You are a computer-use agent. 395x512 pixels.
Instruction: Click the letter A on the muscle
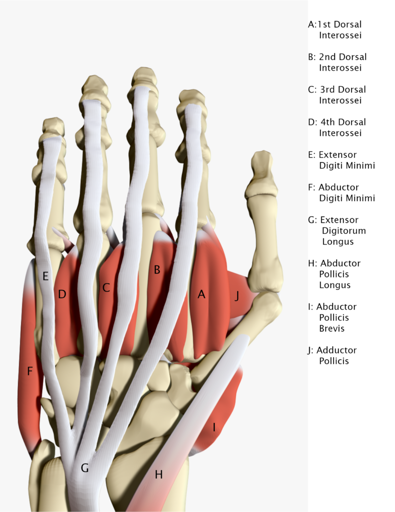click(x=201, y=294)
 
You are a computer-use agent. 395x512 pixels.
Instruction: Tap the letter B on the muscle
click(x=157, y=270)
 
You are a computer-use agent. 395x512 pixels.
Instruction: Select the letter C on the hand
click(x=106, y=287)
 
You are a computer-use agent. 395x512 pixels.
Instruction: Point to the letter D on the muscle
click(x=62, y=294)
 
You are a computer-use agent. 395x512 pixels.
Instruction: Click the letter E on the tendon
click(x=45, y=275)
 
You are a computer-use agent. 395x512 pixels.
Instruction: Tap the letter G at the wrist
click(x=85, y=468)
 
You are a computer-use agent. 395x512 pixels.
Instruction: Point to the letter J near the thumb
click(x=237, y=296)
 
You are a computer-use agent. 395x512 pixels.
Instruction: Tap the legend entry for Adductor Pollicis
click(x=333, y=355)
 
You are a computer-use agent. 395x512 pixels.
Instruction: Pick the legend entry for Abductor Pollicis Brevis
click(x=334, y=317)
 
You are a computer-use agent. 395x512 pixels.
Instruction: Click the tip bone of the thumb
click(x=261, y=165)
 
